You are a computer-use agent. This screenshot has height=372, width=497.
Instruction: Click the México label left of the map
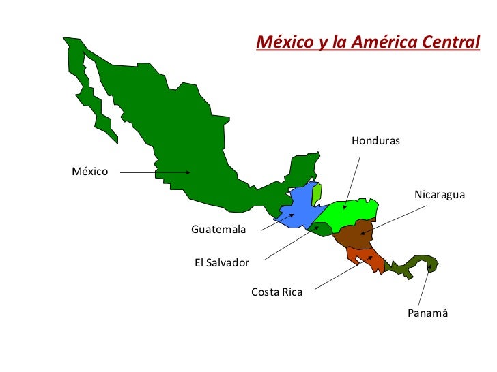point(90,171)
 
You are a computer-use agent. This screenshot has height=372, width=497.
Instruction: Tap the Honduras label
point(375,141)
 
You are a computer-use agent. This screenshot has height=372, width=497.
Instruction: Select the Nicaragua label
point(439,195)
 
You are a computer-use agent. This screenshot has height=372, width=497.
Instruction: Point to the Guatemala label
point(218,230)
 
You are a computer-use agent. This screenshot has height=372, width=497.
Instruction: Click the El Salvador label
point(222,262)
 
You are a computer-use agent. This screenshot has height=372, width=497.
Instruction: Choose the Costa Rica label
point(276,292)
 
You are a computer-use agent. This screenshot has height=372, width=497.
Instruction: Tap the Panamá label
point(427,313)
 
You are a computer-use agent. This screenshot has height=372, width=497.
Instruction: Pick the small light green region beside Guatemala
point(317,193)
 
